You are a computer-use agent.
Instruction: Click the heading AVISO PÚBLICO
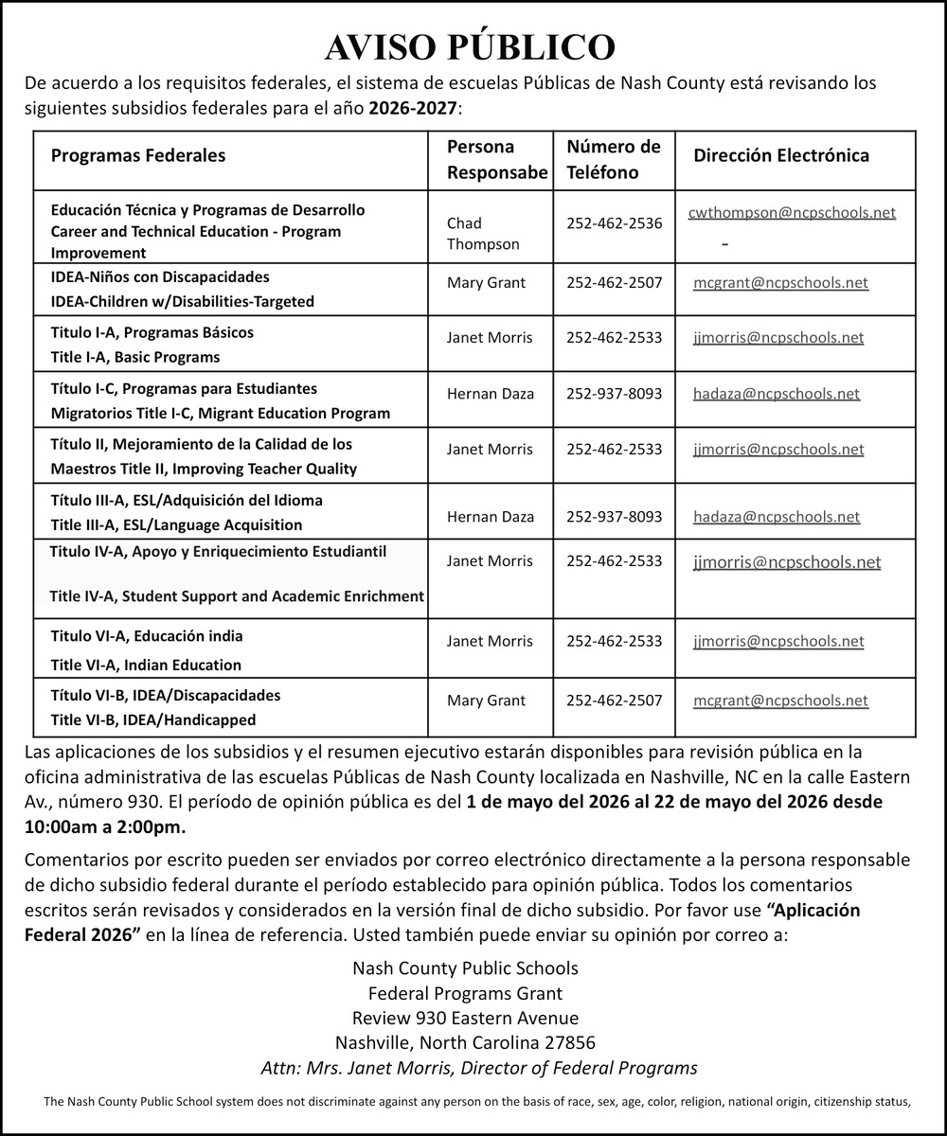tap(471, 47)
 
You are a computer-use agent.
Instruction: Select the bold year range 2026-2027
tap(413, 109)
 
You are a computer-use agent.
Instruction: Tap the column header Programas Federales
tap(138, 156)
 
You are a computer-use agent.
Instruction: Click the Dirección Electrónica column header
tap(781, 156)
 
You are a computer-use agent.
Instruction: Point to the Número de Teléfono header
tap(613, 159)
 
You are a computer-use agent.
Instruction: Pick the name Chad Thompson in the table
tap(483, 234)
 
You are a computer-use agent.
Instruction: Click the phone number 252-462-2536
tap(614, 223)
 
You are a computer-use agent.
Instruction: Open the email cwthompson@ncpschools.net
tap(792, 213)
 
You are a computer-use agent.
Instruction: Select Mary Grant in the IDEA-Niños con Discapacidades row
tap(486, 282)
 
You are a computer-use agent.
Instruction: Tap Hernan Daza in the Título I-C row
tap(490, 393)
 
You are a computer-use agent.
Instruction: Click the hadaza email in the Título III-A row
tap(777, 517)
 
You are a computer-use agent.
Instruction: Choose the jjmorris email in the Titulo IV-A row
tap(787, 562)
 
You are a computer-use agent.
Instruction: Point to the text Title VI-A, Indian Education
tap(146, 665)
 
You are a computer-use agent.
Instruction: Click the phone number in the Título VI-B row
tap(614, 701)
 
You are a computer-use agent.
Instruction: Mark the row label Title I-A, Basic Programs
tap(134, 357)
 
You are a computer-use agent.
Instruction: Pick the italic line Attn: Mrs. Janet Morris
tap(478, 1068)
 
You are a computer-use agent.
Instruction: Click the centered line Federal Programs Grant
tap(465, 993)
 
